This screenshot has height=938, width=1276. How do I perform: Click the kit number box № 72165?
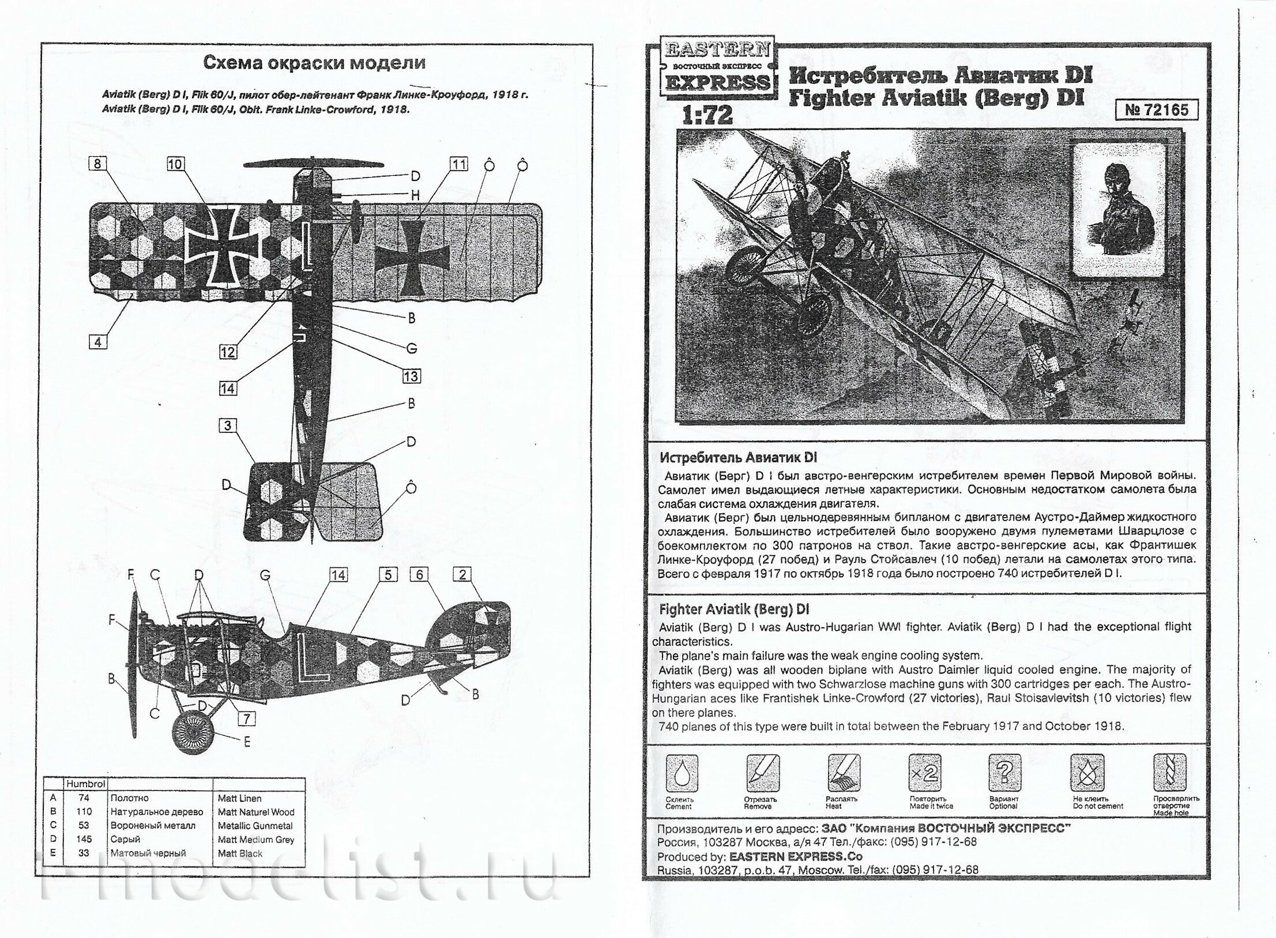(x=1156, y=110)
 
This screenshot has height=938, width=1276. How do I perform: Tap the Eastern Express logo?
(x=717, y=66)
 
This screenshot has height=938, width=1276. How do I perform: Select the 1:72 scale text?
(x=707, y=115)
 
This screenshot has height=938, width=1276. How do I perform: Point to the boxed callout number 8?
(x=97, y=164)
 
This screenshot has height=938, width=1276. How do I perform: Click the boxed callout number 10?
(x=175, y=164)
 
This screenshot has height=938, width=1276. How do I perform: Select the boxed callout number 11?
(x=458, y=164)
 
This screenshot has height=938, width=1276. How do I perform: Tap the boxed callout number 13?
(x=411, y=376)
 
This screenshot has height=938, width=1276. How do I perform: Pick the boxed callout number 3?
(x=227, y=425)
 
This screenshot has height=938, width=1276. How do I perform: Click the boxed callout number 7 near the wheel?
(x=246, y=718)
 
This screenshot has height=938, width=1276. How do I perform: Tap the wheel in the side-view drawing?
(x=194, y=733)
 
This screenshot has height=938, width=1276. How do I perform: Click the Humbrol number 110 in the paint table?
(x=84, y=812)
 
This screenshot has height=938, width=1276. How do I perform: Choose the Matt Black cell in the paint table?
(x=240, y=853)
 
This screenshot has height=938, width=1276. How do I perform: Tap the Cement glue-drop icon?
(x=682, y=773)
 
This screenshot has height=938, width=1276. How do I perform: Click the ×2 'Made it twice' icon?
(x=924, y=773)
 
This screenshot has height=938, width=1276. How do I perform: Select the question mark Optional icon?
(x=1004, y=773)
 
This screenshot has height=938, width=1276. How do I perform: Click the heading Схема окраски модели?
(x=314, y=63)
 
